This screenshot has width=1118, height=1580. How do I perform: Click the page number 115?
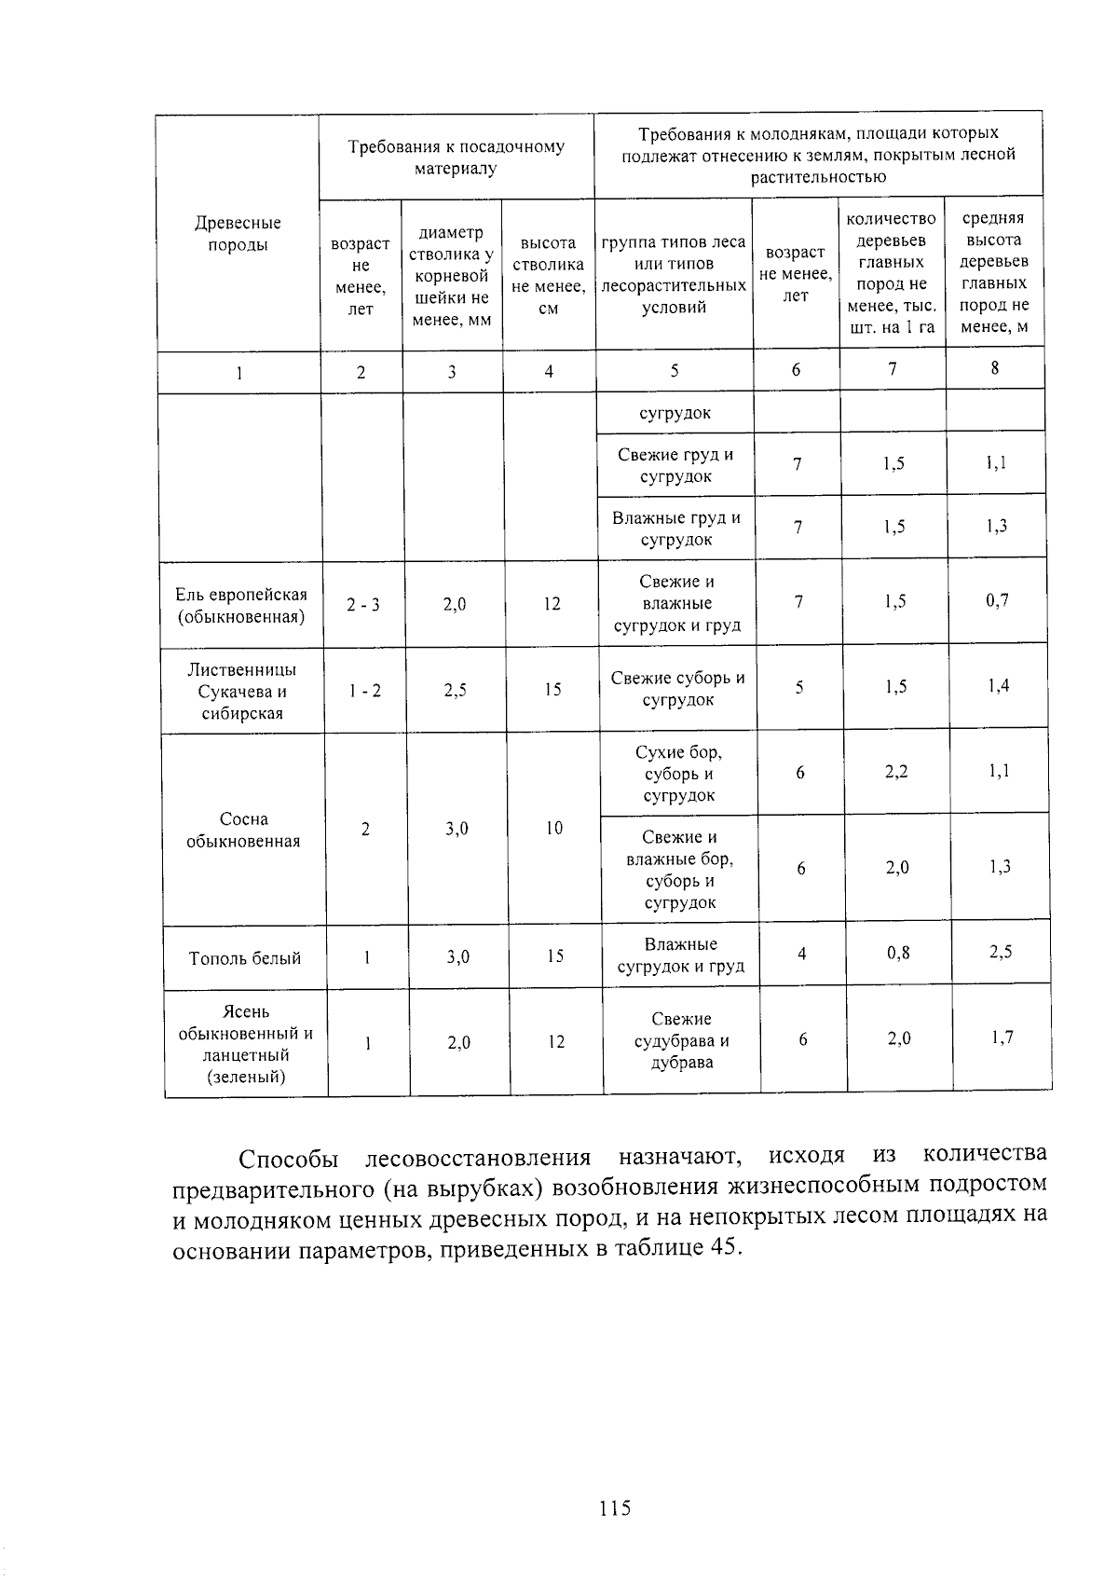point(615,1507)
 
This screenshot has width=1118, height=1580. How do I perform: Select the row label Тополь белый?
point(245,958)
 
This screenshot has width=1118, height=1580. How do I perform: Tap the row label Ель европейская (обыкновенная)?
point(241,606)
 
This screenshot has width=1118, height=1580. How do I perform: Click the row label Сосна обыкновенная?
point(243,831)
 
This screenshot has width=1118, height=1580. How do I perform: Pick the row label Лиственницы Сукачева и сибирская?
point(242,692)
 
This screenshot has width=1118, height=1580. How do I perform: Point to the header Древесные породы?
point(238,234)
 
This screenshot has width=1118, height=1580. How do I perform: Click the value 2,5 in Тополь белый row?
point(1001,953)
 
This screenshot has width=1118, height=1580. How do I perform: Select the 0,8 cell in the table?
point(898,953)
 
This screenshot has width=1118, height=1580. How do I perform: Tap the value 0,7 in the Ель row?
point(997,601)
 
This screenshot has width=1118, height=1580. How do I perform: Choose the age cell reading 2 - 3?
point(363,606)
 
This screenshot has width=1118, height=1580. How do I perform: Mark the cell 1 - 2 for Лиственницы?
point(365,691)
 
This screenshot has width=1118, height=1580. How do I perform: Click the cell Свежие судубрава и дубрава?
point(681,1041)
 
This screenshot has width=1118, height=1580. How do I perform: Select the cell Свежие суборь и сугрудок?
point(677,690)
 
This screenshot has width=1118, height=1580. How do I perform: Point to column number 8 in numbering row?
point(994,368)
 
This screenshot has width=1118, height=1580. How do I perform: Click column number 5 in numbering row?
point(675,370)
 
